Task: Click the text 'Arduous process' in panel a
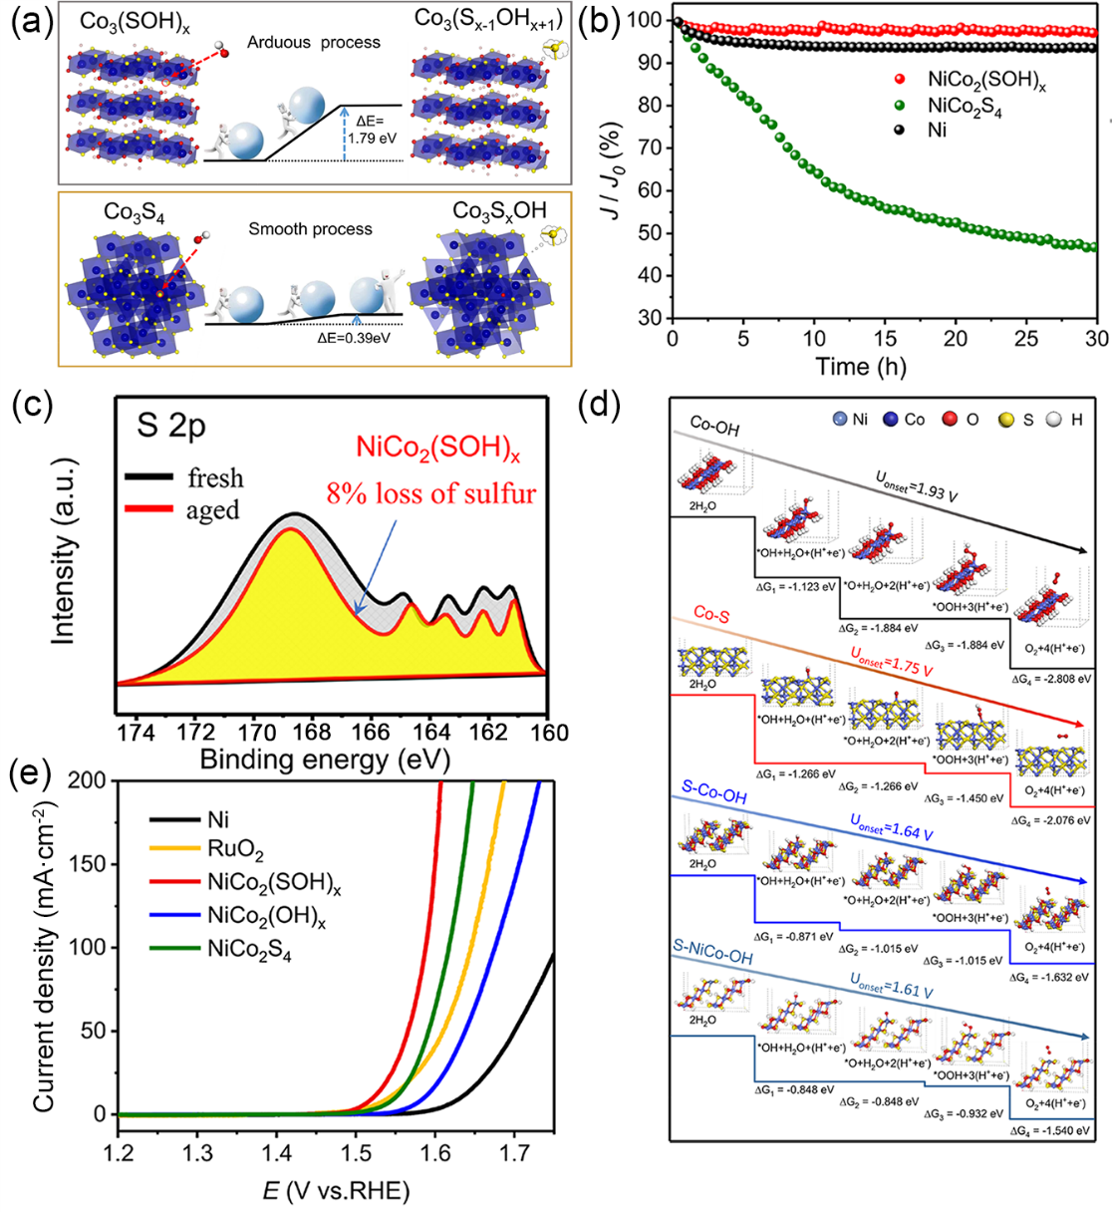pos(314,43)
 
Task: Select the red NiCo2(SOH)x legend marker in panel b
pos(901,79)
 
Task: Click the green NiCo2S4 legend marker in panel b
pos(901,105)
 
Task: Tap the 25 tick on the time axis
pos(1026,339)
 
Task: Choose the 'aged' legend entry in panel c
pos(212,510)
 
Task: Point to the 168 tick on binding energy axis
pos(312,733)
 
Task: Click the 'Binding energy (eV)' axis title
pos(325,760)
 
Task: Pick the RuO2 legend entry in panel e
pos(236,851)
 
